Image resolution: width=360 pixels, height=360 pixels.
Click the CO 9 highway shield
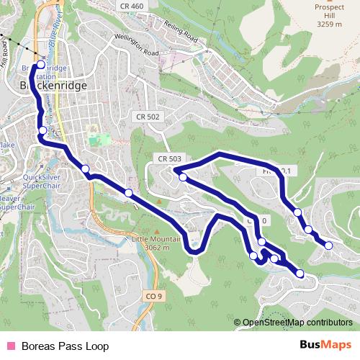(x=153, y=296)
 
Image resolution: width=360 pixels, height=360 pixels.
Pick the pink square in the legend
(x=9, y=346)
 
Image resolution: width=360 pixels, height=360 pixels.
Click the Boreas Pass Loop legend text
(x=65, y=346)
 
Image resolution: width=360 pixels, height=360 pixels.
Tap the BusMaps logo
(x=325, y=346)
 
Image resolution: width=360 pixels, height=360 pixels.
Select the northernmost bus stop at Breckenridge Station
(x=41, y=64)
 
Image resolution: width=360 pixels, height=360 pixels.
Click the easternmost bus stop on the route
(x=329, y=246)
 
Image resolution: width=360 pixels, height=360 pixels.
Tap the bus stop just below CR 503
(x=183, y=176)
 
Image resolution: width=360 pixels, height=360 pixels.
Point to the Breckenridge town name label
(x=50, y=85)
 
